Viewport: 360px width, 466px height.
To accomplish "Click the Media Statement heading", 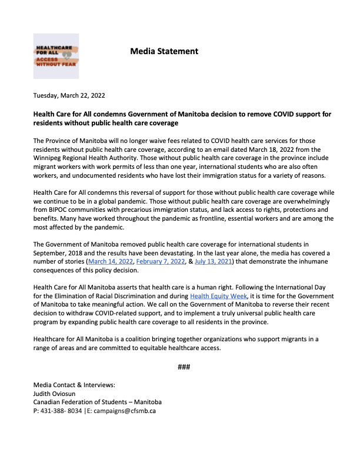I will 164,51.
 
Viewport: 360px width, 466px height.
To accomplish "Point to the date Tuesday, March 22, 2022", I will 69,95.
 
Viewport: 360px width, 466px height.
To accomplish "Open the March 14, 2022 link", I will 109,261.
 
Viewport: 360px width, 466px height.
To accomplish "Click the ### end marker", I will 183,367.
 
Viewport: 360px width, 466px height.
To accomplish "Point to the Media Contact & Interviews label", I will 74,385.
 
